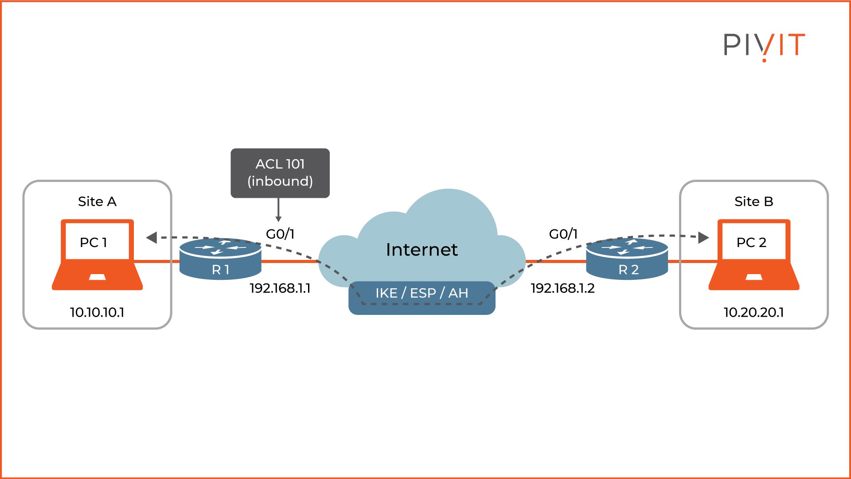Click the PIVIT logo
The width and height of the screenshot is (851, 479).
coord(764,45)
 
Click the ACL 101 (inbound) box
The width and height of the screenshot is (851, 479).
coord(280,173)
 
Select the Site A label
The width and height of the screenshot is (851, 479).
coord(97,201)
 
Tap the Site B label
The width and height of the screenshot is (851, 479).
coord(753,201)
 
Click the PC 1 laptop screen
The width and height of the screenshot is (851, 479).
coord(97,241)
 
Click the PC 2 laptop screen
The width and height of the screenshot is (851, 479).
coord(753,241)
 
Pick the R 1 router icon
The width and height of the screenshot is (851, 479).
coord(220,259)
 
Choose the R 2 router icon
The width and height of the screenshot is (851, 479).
coord(627,259)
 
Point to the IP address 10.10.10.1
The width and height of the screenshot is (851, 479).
coord(97,312)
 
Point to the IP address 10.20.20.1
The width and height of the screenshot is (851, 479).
coord(753,312)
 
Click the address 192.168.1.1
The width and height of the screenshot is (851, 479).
coord(280,288)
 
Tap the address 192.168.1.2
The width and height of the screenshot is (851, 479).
coord(562,288)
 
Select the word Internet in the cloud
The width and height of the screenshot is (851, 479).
coord(422,250)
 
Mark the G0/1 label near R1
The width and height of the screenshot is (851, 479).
coord(280,234)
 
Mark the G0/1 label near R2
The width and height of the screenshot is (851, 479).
coord(563,234)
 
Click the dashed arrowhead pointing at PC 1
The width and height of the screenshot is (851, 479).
coord(152,238)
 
